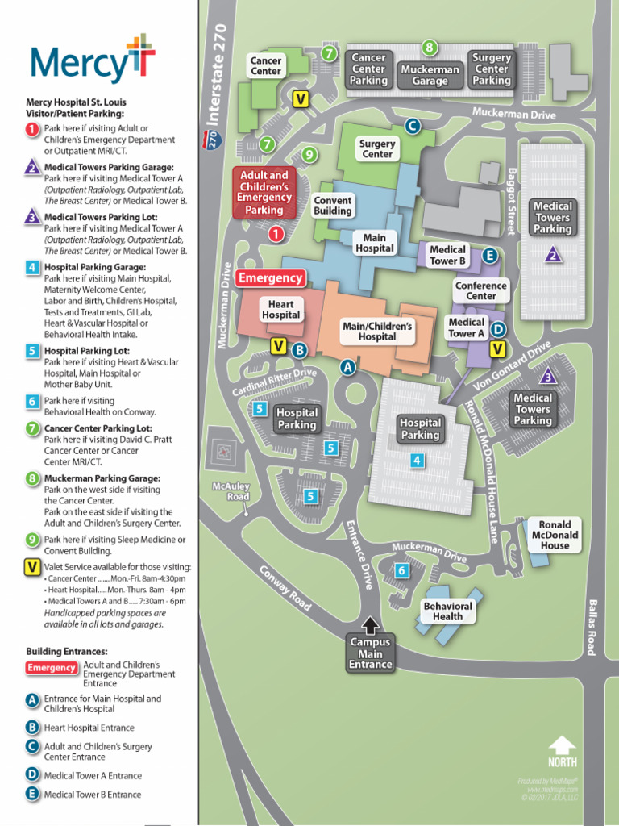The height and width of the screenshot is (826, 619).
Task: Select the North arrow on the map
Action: (x=562, y=749)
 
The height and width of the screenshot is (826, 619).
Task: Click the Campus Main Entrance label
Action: (x=371, y=653)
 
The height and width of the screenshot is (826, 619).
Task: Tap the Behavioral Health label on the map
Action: (x=447, y=611)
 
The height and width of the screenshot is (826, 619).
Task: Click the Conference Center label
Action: (x=481, y=290)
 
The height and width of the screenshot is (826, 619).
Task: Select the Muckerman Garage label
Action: (x=430, y=75)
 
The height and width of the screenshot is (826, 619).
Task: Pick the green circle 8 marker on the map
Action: (x=430, y=48)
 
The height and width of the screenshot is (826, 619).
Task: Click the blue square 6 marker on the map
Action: (x=401, y=571)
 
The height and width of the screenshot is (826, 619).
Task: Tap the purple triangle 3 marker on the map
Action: (x=548, y=377)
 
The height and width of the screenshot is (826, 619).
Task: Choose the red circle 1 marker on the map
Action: (x=276, y=234)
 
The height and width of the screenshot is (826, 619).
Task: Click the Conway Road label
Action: (x=285, y=587)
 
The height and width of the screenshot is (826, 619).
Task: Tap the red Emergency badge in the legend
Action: (x=52, y=668)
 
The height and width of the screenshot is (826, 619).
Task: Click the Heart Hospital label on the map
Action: (x=281, y=310)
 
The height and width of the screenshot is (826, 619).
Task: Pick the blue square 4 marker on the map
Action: (x=417, y=461)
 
